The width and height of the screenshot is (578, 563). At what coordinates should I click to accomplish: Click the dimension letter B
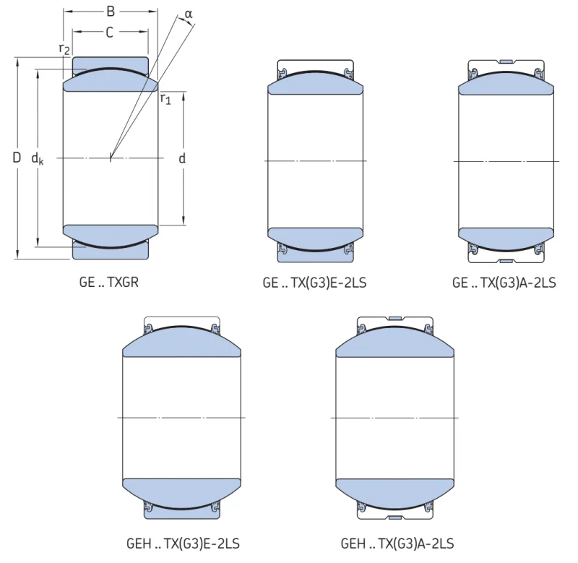coord(111,12)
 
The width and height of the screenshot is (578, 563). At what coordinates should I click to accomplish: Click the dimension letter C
coord(110,33)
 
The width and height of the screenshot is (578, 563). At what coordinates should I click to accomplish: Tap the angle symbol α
coord(189,14)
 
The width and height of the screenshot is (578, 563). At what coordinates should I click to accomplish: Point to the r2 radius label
coord(64,48)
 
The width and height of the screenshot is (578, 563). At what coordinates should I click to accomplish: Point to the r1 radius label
coord(166,99)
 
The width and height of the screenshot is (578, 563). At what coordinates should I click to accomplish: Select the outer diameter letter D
coord(17,158)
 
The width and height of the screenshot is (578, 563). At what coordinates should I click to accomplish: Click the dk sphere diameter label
coord(38,158)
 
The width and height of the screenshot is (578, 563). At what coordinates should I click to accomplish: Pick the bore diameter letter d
coord(182,158)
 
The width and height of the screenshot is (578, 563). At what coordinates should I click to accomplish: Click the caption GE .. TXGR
coord(109,283)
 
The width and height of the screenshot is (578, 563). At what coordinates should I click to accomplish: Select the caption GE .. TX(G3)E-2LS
coord(314,283)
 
